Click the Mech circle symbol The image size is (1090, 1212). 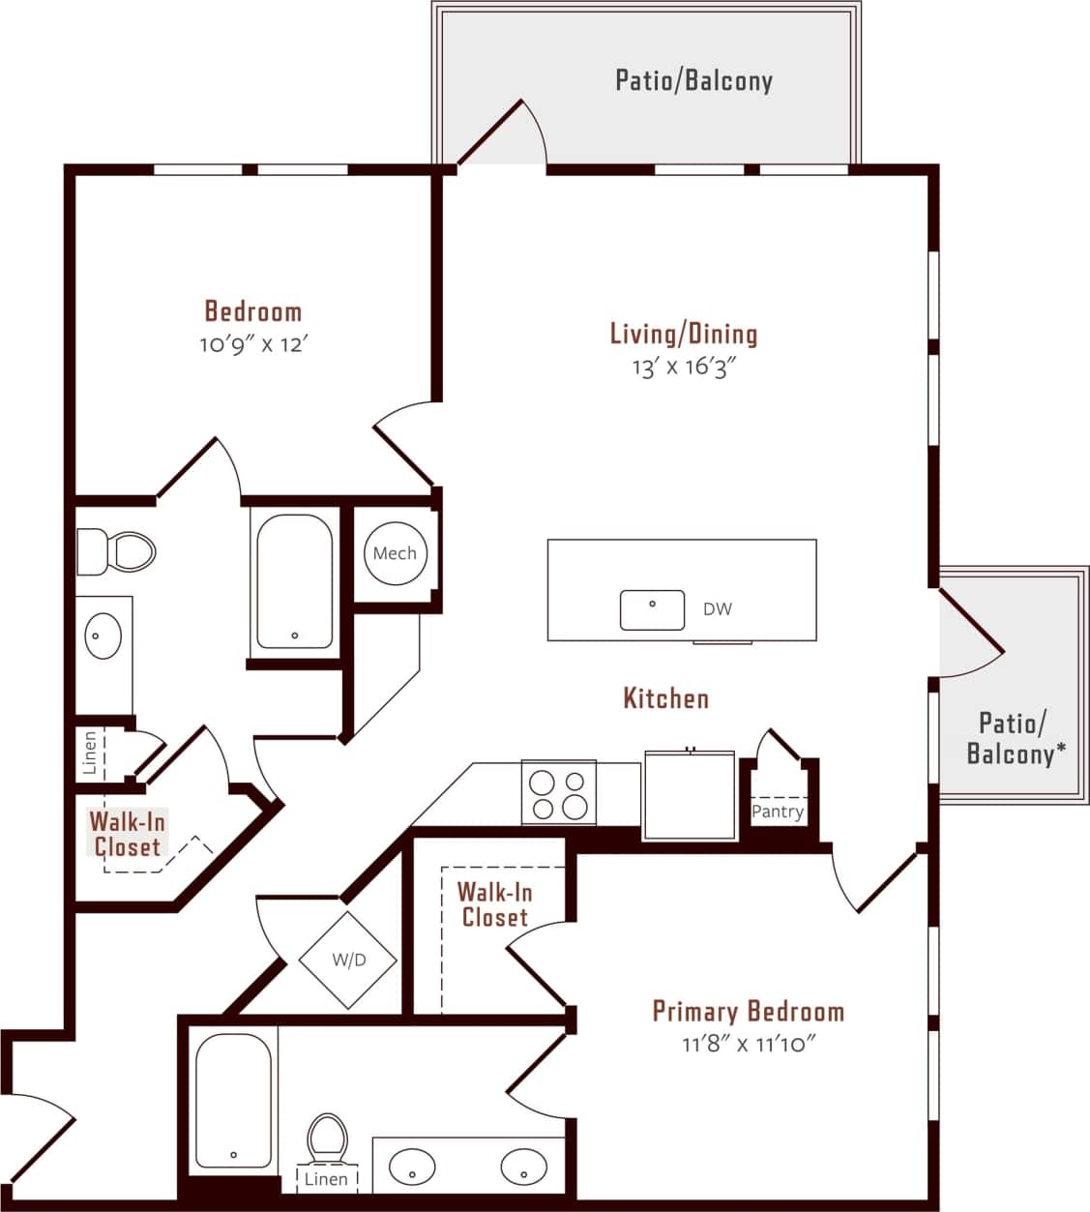[395, 553]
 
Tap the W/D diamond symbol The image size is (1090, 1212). [348, 961]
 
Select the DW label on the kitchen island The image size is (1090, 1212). [718, 608]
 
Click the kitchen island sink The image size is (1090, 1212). [652, 609]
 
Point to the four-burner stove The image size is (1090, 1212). [559, 793]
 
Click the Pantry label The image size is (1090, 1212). [778, 812]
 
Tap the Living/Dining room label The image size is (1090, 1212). [684, 334]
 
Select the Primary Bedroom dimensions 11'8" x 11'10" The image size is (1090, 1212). [749, 1044]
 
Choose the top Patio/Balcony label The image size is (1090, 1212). [693, 79]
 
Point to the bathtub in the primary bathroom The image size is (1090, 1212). [233, 1100]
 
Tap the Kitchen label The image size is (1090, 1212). [665, 697]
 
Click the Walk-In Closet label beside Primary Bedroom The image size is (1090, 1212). [494, 904]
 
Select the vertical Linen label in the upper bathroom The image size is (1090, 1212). [90, 753]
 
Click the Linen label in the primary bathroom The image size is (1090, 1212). [326, 1179]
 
